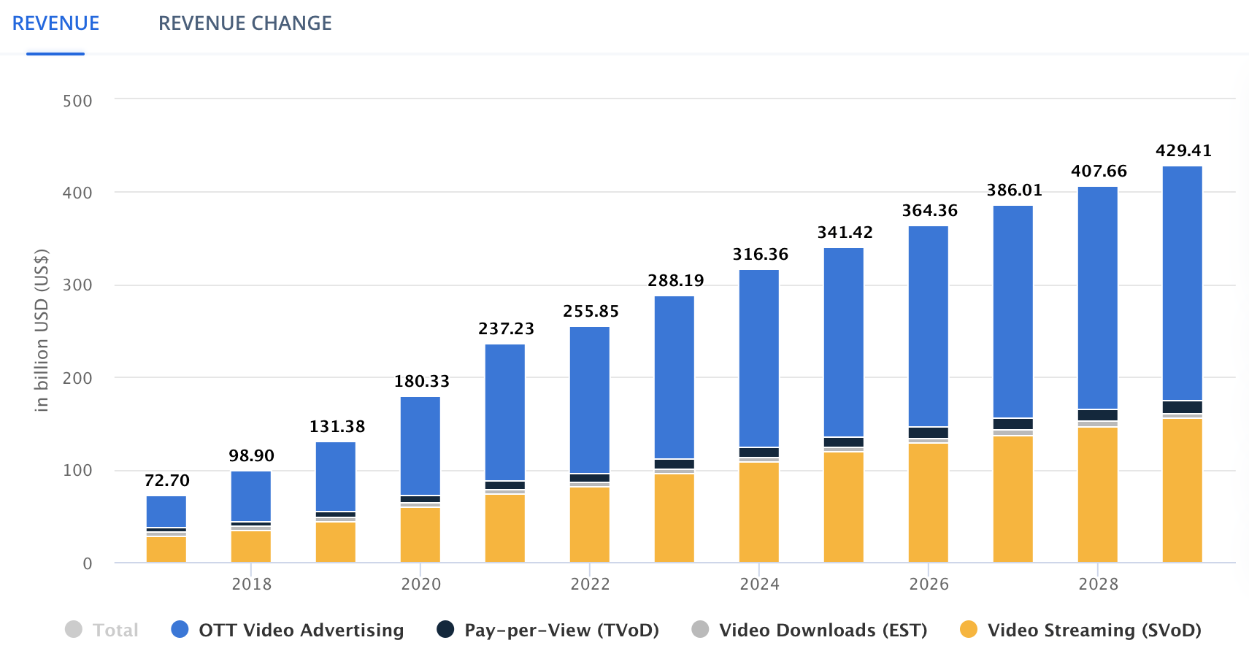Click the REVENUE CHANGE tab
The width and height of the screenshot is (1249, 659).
coord(245,23)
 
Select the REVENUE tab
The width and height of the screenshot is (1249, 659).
coord(55,23)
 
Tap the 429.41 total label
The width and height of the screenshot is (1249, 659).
coord(1183,151)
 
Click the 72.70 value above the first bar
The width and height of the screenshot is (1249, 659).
coord(166,481)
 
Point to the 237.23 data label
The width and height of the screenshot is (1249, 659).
coord(506,329)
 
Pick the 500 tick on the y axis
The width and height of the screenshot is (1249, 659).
coord(77,101)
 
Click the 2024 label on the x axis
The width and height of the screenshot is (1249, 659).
coord(759,584)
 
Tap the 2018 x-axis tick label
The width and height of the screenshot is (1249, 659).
coord(251,584)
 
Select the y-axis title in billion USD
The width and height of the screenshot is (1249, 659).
coord(42,331)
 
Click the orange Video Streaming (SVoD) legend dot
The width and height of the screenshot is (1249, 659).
coord(969,629)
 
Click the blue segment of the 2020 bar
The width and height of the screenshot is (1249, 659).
coord(420,445)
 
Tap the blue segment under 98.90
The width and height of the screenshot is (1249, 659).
coord(251,496)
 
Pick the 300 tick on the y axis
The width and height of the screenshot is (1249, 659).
coord(77,285)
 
